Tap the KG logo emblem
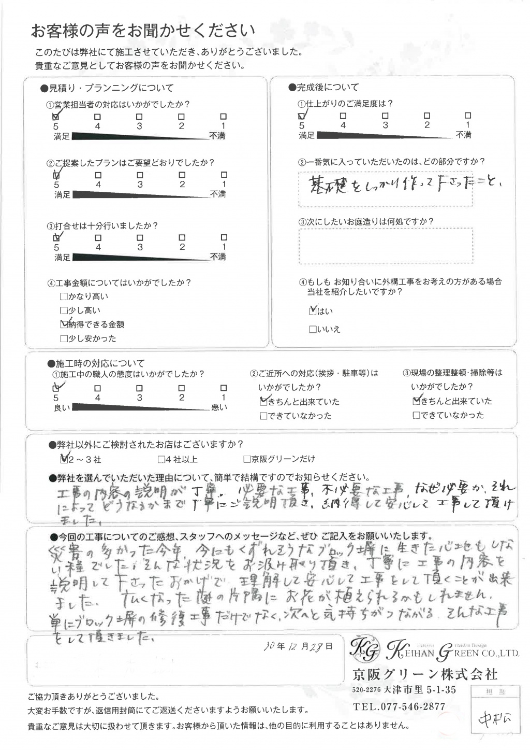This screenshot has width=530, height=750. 365,648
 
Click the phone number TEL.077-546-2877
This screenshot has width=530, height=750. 399,706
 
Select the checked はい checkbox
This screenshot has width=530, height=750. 312,311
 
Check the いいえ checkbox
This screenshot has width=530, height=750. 312,329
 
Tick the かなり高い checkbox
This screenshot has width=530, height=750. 64,296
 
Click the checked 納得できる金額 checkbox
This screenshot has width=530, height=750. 64,324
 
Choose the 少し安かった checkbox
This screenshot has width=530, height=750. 64,338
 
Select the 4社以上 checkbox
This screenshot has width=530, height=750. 161,459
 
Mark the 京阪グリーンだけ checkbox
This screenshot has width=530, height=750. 247,459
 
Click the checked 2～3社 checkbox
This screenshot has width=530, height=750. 64,459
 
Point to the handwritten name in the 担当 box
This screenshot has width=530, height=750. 494,720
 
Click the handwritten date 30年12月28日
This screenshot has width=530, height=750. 298,646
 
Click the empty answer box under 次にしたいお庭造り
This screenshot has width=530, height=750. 386,246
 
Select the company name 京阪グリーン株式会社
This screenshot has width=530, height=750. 424,674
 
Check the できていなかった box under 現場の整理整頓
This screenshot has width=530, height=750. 416,415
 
